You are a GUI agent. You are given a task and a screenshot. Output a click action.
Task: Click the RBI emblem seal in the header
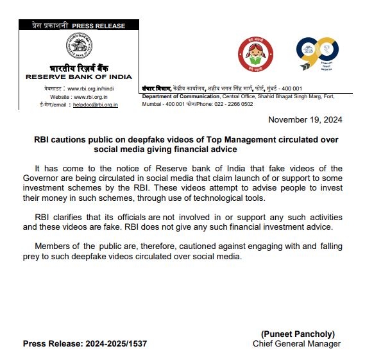click(x=78, y=47)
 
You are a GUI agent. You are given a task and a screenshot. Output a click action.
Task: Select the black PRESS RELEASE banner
click(x=78, y=26)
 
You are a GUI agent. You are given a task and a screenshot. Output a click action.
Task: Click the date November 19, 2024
click(x=305, y=120)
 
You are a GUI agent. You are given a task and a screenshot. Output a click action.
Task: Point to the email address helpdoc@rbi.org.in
click(x=95, y=104)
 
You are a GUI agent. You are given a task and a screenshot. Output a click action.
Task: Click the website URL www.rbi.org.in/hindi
click(x=92, y=88)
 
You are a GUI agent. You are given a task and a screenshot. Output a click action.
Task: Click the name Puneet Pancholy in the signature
click(x=298, y=334)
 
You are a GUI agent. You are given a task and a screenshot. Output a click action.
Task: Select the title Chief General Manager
click(x=296, y=344)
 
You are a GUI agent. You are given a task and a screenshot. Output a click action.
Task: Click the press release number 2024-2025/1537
click(x=115, y=344)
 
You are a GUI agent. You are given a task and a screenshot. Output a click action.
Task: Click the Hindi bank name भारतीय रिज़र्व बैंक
click(x=78, y=68)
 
